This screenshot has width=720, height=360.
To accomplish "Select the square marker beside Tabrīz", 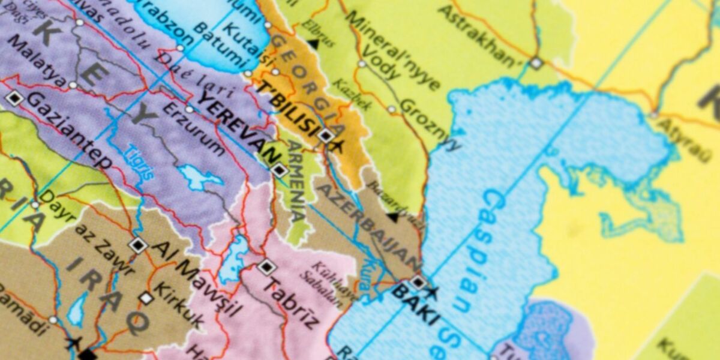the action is (x=266, y=267).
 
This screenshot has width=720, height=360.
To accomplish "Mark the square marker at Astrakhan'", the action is (x=536, y=63).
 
